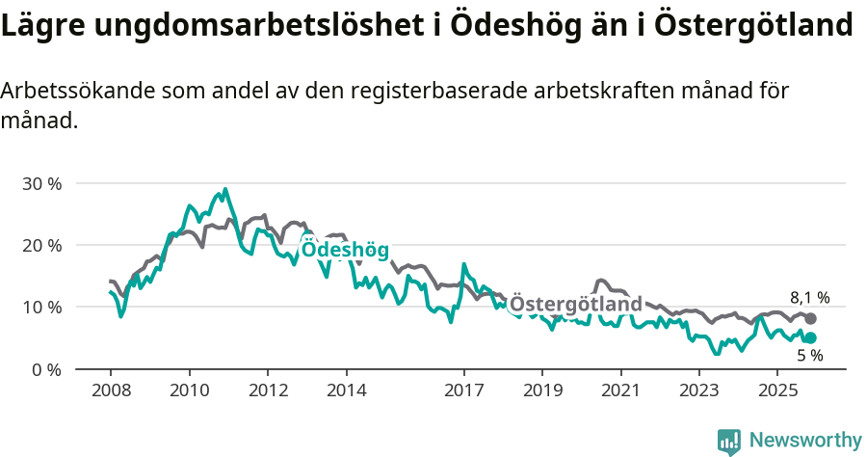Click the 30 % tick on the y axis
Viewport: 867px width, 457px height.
(x=41, y=183)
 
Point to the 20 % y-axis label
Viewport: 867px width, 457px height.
(x=41, y=245)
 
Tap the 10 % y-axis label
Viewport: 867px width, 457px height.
(x=41, y=307)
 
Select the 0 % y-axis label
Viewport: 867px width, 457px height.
(x=45, y=369)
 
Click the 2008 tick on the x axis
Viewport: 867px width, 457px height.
(x=110, y=390)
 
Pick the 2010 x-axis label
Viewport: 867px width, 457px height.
(x=189, y=390)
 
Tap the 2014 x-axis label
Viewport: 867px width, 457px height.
(x=346, y=390)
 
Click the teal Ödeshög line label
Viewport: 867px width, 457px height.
(x=345, y=251)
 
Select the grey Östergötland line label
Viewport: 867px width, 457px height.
(x=575, y=306)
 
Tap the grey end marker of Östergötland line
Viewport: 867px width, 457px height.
(x=810, y=319)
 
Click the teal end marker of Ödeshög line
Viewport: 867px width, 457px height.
(x=810, y=337)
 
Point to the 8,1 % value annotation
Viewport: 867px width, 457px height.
(x=809, y=298)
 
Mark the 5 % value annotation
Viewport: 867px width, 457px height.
(x=809, y=356)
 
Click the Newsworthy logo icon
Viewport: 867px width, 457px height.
(x=729, y=442)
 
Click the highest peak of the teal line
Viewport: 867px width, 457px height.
(x=225, y=190)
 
